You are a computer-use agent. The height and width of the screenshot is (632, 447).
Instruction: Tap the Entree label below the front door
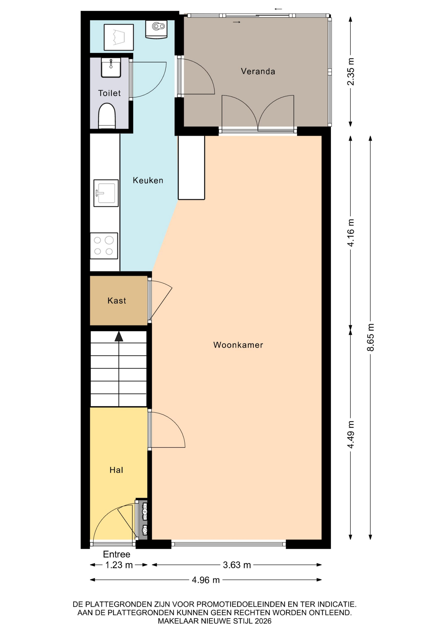pyautogui.click(x=117, y=554)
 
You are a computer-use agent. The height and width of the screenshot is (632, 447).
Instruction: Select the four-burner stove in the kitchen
pyautogui.click(x=104, y=246)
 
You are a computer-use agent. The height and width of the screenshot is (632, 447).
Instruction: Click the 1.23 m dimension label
pyautogui.click(x=119, y=565)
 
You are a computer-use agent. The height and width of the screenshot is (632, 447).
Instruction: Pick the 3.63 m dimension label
pyautogui.click(x=237, y=565)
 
